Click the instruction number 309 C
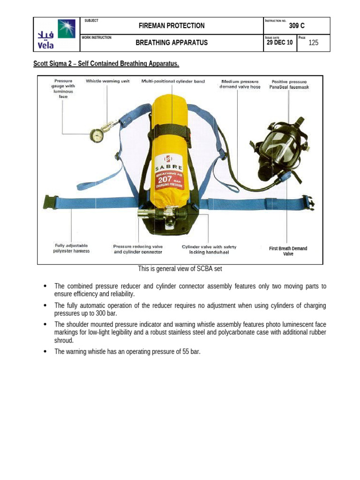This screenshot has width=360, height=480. pos(297,26)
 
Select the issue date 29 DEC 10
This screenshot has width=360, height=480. pos(279,43)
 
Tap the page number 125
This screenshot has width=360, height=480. pos(313,43)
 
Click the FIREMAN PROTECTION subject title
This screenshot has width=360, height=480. pos(172,26)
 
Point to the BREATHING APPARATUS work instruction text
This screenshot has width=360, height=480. pos(172,43)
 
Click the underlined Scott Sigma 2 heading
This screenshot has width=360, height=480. pos(106,63)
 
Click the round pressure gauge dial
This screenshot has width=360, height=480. pos(97,135)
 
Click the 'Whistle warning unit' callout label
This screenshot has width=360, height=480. pos(107,81)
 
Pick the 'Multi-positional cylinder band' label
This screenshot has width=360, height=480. pos(173,81)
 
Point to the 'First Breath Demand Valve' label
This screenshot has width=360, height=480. pos(288,251)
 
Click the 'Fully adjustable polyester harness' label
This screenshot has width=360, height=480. pos(71,248)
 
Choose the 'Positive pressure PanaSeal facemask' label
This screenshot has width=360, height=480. pos(289,84)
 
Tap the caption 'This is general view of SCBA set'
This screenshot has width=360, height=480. pos(180,269)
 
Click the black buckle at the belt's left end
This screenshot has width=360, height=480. pos(50,202)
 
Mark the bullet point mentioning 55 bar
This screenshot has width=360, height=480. pos(127,352)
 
